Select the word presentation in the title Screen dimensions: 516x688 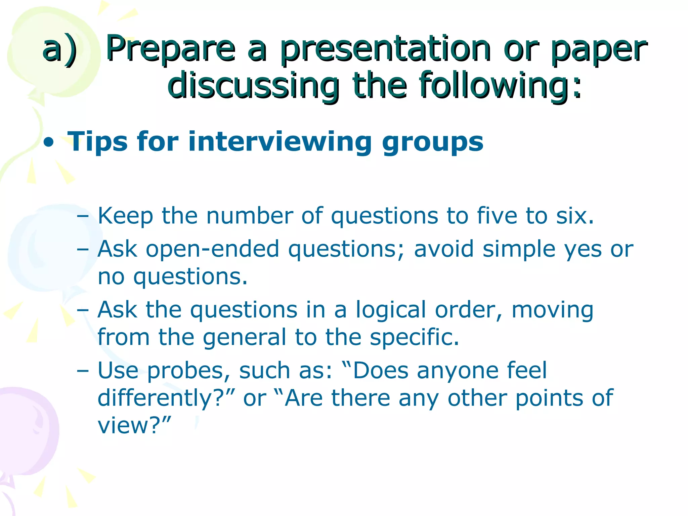pos(386,49)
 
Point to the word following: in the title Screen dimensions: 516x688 pos(501,86)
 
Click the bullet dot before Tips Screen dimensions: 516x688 pos(49,143)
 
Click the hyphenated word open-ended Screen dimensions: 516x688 pos(212,249)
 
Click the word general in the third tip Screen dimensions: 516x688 pos(244,337)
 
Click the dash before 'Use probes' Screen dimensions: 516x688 pos(83,371)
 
